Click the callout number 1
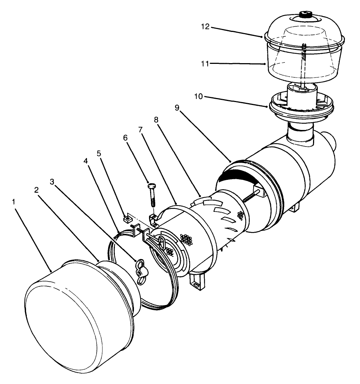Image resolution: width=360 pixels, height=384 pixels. click(14, 202)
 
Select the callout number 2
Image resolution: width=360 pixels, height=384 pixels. click(36, 190)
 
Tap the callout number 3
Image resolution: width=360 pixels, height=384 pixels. click(52, 181)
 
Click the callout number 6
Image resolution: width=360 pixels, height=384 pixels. click(125, 138)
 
